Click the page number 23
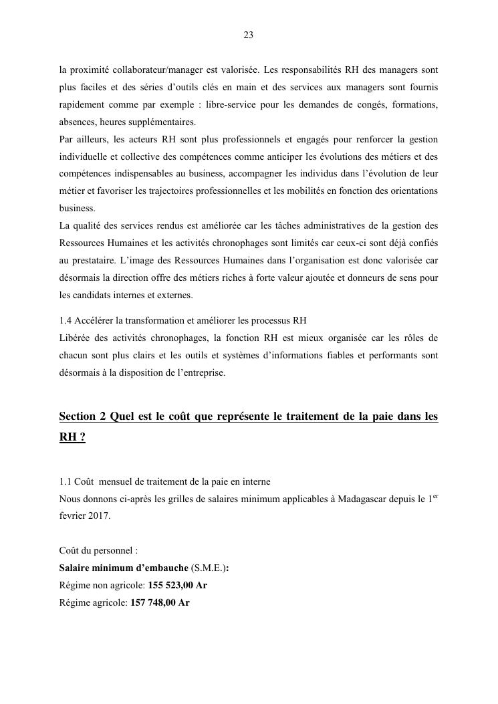(248, 35)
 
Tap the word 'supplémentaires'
(164, 122)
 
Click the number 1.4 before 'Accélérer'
(66, 320)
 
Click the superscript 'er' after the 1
(434, 495)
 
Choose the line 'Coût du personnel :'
(98, 551)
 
